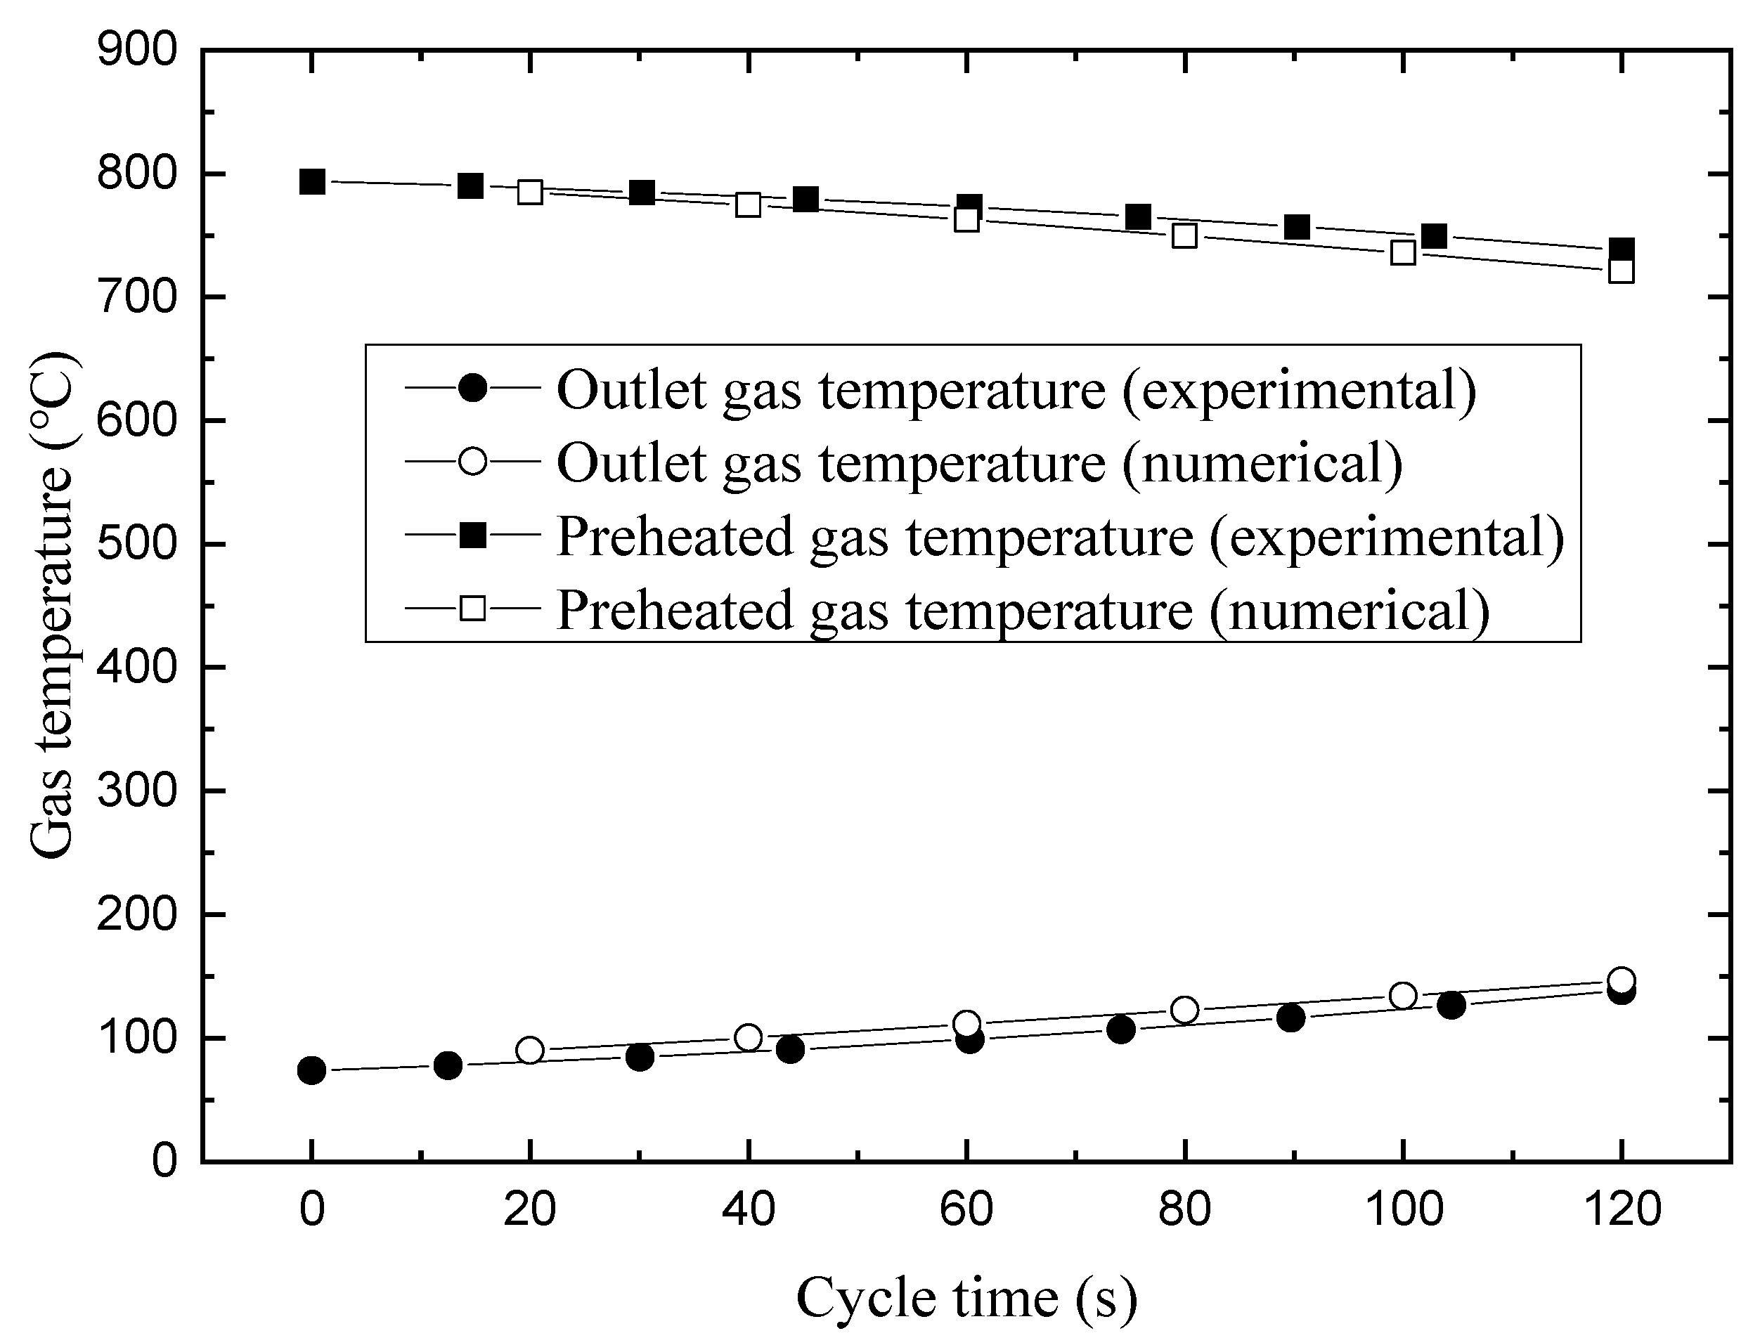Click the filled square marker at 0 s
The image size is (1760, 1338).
311,181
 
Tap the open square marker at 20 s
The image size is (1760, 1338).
529,192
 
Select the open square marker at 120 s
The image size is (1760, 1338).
1622,271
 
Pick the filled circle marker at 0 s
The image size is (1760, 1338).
311,1070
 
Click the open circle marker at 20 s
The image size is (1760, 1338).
529,1051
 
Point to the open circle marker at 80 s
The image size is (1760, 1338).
1185,1010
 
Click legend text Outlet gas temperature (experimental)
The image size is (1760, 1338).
1016,390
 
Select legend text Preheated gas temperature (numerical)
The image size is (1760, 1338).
1023,610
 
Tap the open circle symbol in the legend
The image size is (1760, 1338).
472,461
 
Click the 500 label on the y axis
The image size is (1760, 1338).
136,545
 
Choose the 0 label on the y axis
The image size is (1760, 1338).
163,1161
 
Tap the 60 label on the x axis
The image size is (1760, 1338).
966,1209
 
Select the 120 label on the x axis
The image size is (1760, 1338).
1622,1209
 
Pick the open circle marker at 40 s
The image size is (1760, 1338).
748,1038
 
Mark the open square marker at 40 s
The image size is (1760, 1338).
748,205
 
